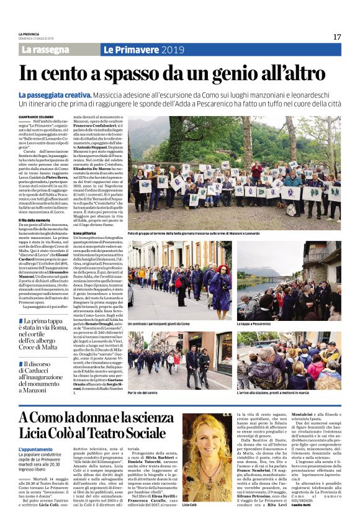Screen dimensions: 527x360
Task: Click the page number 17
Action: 337,37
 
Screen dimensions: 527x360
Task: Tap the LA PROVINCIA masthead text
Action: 29,34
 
